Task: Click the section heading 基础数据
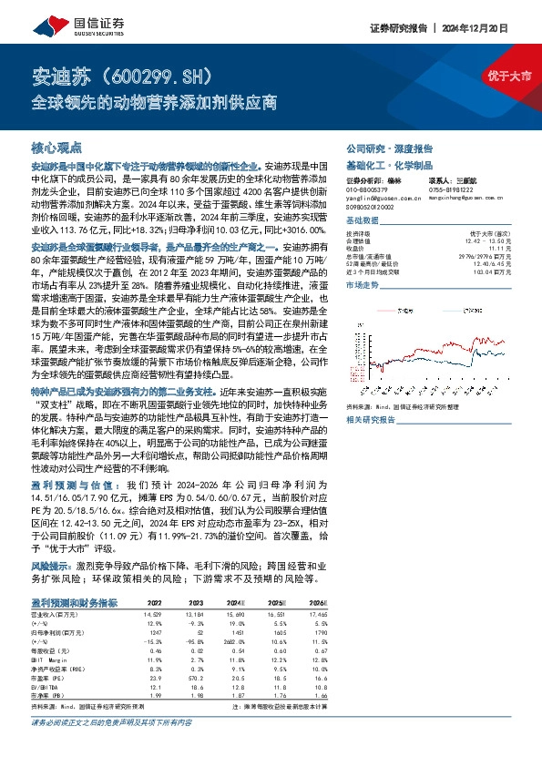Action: click(363, 221)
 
